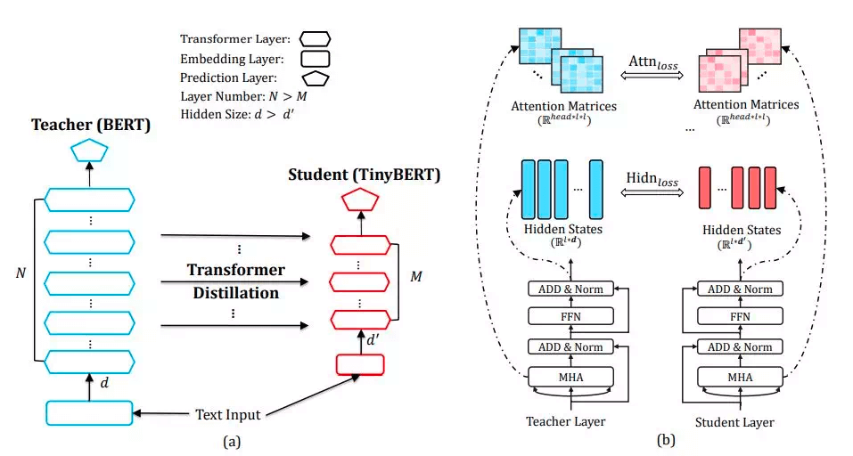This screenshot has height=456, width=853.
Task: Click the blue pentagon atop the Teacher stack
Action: point(89,150)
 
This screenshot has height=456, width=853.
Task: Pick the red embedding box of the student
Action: point(358,364)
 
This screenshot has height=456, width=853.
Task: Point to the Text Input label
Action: point(227,414)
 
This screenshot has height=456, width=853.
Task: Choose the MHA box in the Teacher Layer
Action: point(571,377)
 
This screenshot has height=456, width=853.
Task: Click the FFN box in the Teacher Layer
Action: point(571,315)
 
